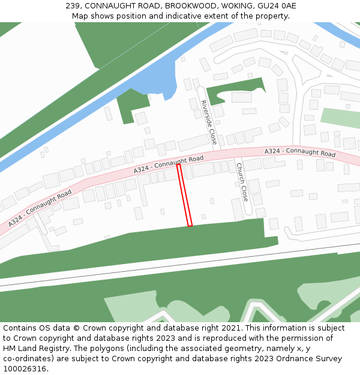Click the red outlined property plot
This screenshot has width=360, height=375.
click(x=185, y=196)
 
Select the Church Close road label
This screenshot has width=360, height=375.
click(x=242, y=182)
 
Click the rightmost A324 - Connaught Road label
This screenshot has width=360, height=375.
click(x=299, y=153)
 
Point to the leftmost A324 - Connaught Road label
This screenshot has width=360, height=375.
click(x=40, y=208)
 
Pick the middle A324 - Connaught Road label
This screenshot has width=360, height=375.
click(x=168, y=164)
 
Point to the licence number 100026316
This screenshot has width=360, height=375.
click(x=25, y=369)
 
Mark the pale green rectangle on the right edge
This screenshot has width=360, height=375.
click(x=340, y=118)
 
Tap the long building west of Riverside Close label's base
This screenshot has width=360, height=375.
click(x=193, y=143)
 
